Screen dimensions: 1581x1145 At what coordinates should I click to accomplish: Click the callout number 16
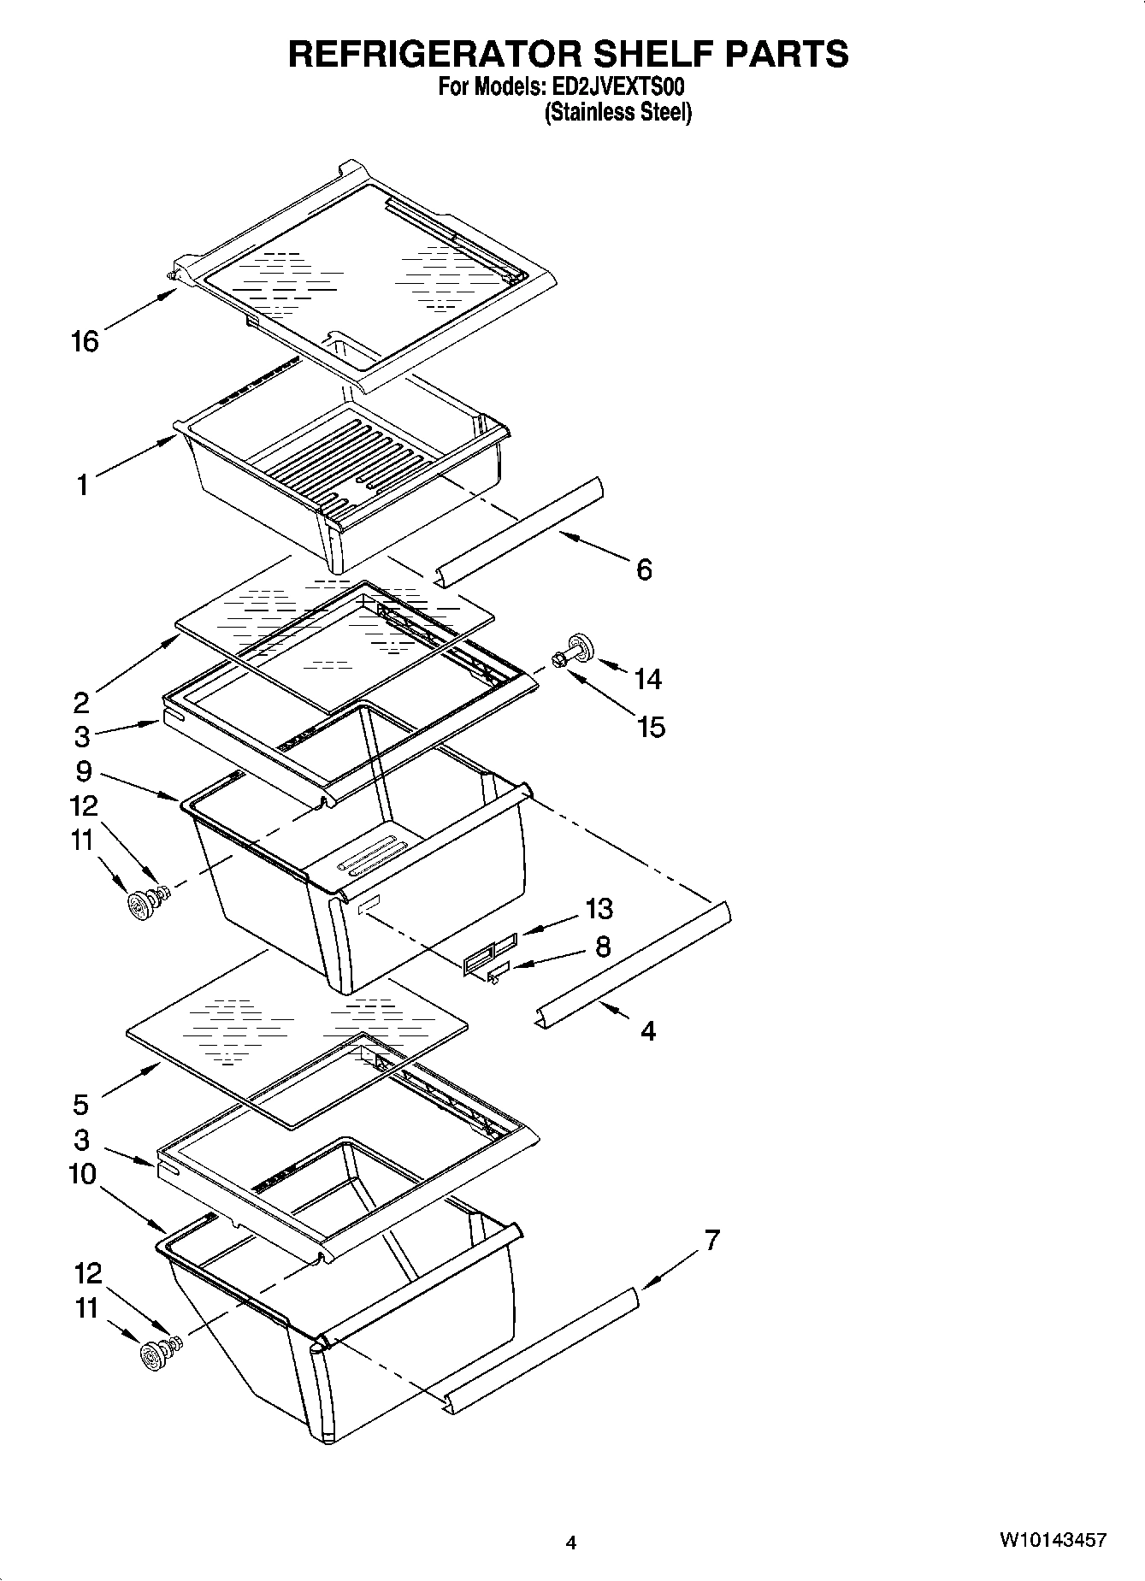click(85, 342)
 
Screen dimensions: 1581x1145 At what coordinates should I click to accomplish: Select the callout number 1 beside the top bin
click(82, 486)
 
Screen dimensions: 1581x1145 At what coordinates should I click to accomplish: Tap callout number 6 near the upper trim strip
click(644, 569)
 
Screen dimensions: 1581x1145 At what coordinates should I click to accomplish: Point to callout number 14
click(647, 679)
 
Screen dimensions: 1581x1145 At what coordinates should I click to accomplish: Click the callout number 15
click(650, 727)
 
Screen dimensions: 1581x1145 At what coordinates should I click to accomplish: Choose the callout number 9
click(83, 771)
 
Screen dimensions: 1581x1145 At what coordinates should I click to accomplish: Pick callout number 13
click(599, 908)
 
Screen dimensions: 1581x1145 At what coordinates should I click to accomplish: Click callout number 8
click(603, 947)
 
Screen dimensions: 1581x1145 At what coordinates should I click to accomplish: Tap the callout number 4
click(648, 1031)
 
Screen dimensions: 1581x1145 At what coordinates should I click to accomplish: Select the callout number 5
click(80, 1105)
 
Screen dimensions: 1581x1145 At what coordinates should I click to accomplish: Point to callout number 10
click(82, 1174)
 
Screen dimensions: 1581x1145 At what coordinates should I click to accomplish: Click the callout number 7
click(711, 1240)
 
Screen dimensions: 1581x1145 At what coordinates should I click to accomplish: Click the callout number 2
click(80, 703)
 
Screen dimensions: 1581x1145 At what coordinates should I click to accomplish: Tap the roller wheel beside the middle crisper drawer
click(139, 904)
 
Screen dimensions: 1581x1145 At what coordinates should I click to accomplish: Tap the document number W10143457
click(1053, 1540)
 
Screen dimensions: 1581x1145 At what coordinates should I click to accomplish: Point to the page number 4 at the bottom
click(570, 1543)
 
